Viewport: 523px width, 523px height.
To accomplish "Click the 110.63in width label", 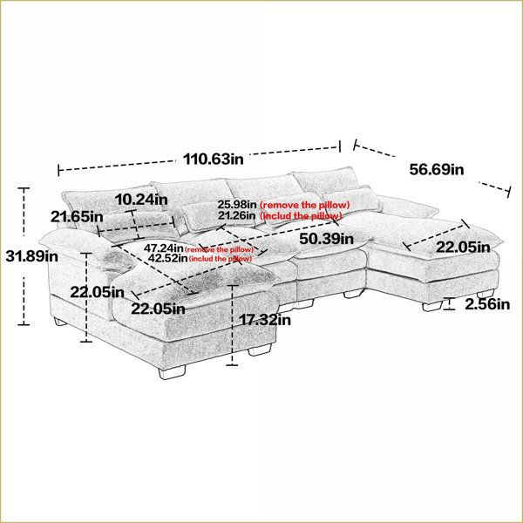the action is [214, 160].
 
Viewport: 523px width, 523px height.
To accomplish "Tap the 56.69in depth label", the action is [437, 169].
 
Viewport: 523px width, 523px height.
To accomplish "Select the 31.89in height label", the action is [31, 256].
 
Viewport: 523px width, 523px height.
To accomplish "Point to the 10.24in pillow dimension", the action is [141, 200].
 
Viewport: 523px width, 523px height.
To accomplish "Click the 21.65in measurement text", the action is [77, 217].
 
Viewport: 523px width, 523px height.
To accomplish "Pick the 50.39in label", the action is [326, 239].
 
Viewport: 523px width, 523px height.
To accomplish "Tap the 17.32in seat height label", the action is [265, 320].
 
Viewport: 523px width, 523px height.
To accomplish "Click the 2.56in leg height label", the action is [487, 304].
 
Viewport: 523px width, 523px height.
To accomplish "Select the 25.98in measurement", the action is [237, 204].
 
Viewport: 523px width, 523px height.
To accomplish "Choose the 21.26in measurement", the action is [237, 215].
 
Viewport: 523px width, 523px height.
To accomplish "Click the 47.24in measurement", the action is [164, 248].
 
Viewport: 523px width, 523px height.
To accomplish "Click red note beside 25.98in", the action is [304, 205].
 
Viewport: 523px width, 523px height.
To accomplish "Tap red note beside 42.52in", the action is [221, 259].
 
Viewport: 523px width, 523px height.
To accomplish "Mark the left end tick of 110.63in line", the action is [59, 170].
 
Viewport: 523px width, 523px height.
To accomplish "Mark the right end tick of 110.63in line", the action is [340, 146].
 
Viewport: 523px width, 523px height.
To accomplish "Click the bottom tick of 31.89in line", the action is [24, 324].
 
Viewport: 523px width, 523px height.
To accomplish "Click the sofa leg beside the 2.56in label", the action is [432, 306].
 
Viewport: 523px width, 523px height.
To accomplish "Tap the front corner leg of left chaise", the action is [172, 372].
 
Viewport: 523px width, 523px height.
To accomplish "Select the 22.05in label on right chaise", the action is [463, 248].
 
